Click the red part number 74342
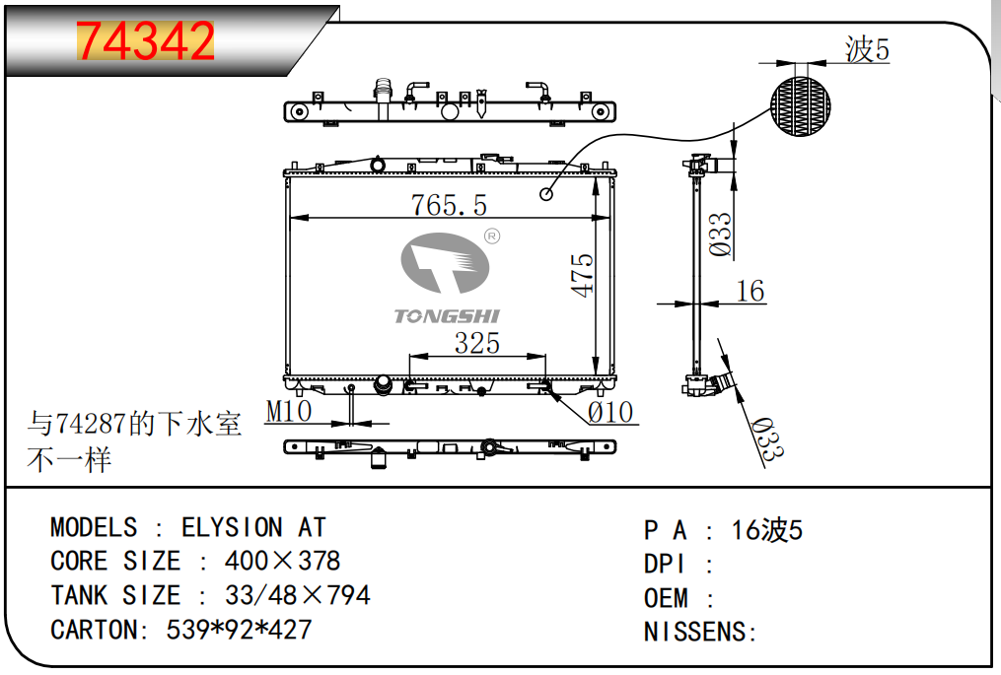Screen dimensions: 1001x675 (x=146, y=40)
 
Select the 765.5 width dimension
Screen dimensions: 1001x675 (x=448, y=205)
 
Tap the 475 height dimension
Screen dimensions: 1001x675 (x=582, y=275)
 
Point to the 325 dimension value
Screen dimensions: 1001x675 (x=477, y=343)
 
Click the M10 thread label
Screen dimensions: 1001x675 (x=289, y=412)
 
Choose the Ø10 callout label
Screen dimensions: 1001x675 (x=610, y=413)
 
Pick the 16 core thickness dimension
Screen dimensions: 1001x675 (x=751, y=291)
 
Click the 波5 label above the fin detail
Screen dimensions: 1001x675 (x=867, y=49)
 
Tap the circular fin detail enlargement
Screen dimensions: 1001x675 (x=801, y=106)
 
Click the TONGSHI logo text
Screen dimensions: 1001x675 (x=447, y=315)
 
